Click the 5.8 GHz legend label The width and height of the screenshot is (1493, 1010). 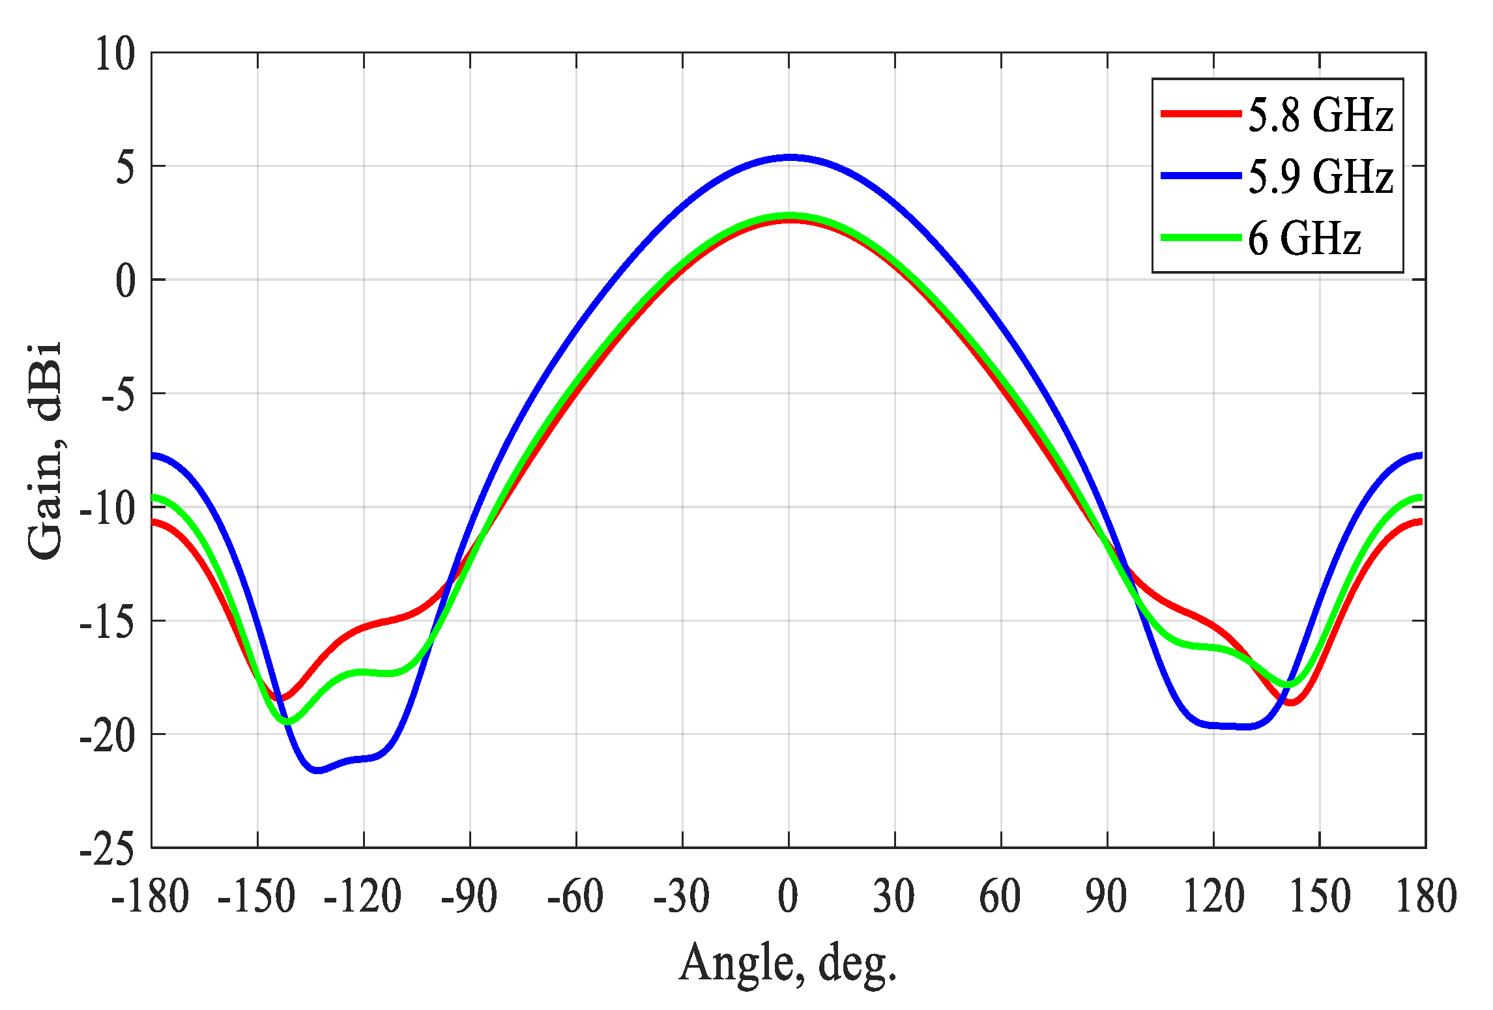click(1320, 115)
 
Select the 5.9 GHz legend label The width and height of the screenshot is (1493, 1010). click(1320, 177)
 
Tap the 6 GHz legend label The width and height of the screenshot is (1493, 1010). click(1304, 238)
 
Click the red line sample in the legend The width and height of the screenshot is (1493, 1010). click(1200, 113)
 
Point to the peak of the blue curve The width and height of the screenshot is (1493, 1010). click(789, 158)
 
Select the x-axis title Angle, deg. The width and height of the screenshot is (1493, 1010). click(788, 963)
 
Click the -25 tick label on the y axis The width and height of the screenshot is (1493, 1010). click(108, 848)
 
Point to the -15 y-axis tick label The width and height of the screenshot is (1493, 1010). click(108, 621)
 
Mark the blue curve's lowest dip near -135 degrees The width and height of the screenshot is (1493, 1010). click(317, 770)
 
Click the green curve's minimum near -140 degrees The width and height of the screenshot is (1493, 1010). click(287, 721)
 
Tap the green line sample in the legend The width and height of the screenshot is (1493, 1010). click(1200, 238)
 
